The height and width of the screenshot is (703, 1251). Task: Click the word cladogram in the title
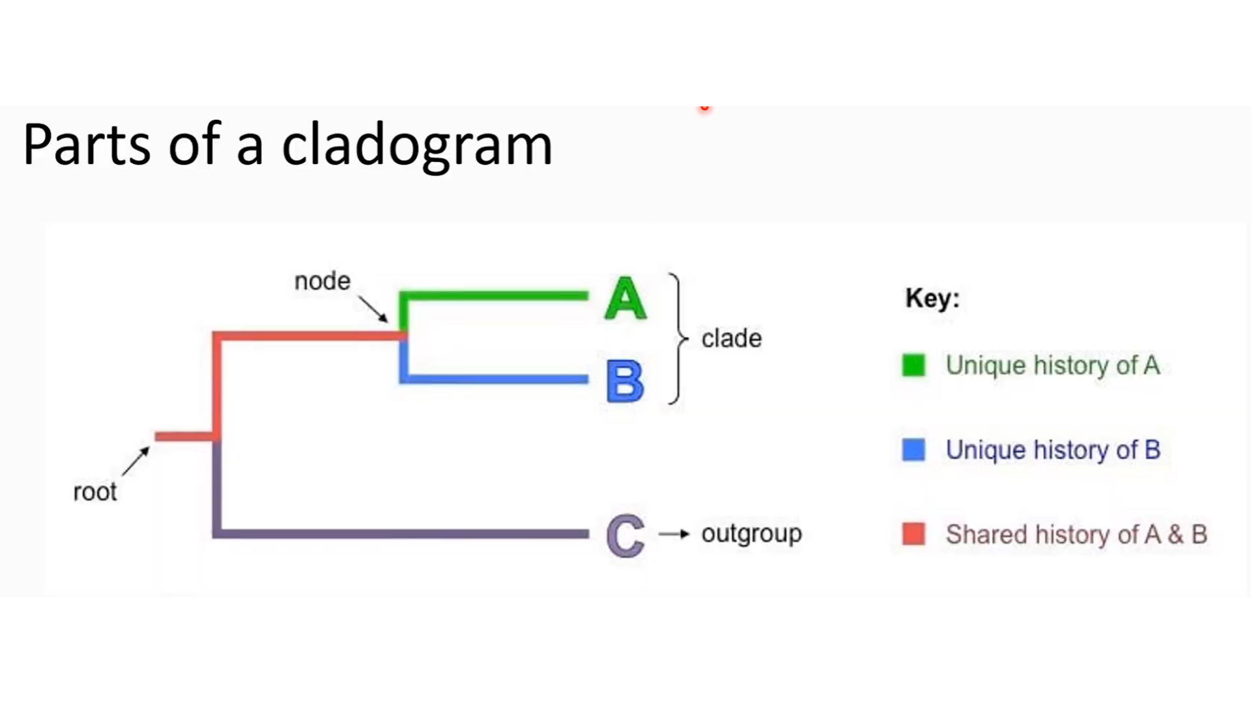click(x=417, y=145)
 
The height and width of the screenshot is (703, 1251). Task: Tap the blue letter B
click(x=625, y=381)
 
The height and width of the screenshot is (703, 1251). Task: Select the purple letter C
click(x=625, y=535)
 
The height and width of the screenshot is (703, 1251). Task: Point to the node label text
click(x=323, y=281)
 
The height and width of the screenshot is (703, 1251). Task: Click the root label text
click(x=95, y=491)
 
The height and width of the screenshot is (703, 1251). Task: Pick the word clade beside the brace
click(x=731, y=338)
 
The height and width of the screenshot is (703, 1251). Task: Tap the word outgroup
click(x=751, y=534)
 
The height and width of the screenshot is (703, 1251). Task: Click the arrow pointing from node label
click(x=373, y=309)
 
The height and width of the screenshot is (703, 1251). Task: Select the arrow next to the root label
click(x=136, y=461)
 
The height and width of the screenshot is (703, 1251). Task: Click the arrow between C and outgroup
click(x=674, y=534)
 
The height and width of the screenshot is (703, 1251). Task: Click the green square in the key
click(x=913, y=365)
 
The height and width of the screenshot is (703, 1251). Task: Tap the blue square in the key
click(x=913, y=449)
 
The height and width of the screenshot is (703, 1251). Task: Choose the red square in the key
click(x=913, y=534)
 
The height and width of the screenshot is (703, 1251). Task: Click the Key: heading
click(x=932, y=298)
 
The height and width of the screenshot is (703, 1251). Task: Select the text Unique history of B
click(x=1053, y=450)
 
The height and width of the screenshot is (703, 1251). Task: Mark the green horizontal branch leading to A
click(x=495, y=296)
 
